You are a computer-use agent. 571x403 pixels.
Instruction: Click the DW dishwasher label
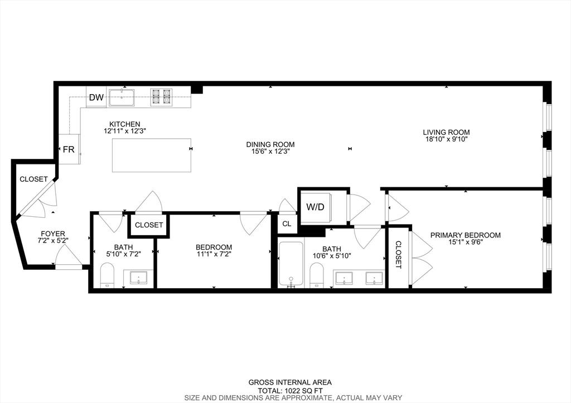coord(96,98)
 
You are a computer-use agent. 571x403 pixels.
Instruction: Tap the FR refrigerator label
coord(68,149)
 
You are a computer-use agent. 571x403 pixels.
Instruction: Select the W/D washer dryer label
coord(315,207)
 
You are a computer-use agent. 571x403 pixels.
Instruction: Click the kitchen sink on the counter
coord(122,98)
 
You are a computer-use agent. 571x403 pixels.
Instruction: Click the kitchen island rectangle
coord(152,156)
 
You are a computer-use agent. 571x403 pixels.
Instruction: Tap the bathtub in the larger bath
coord(292,265)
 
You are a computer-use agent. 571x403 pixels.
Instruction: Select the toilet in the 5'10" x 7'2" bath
coord(107,277)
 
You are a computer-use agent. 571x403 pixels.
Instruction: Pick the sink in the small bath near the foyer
coord(138,277)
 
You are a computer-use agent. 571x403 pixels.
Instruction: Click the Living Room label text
coord(446,132)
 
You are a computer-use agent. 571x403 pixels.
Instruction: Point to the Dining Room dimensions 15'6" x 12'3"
coord(270,151)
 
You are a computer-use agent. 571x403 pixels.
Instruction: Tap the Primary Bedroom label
coord(465,235)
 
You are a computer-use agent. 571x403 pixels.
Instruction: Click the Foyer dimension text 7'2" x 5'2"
coord(53,241)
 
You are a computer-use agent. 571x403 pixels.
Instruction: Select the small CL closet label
coord(287,224)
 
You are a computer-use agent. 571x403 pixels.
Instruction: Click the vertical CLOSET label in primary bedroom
coord(398,255)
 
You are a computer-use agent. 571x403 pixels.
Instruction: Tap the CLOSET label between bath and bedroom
coord(149,225)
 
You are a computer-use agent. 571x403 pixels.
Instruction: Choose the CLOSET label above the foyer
coord(33,179)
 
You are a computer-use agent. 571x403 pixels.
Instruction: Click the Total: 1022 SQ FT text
coord(289,390)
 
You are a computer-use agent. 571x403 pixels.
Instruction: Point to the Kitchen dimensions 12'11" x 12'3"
coord(124,131)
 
